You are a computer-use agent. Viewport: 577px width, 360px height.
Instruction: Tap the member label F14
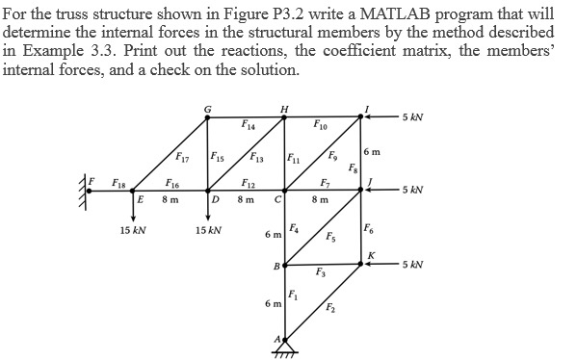249,125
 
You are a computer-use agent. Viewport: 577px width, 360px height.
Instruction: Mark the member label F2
331,307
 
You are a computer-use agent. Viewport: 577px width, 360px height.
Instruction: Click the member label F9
332,157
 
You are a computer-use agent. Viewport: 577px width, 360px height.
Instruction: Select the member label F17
182,157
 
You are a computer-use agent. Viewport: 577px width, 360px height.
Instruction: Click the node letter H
282,108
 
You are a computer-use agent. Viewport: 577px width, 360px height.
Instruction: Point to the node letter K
371,253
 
